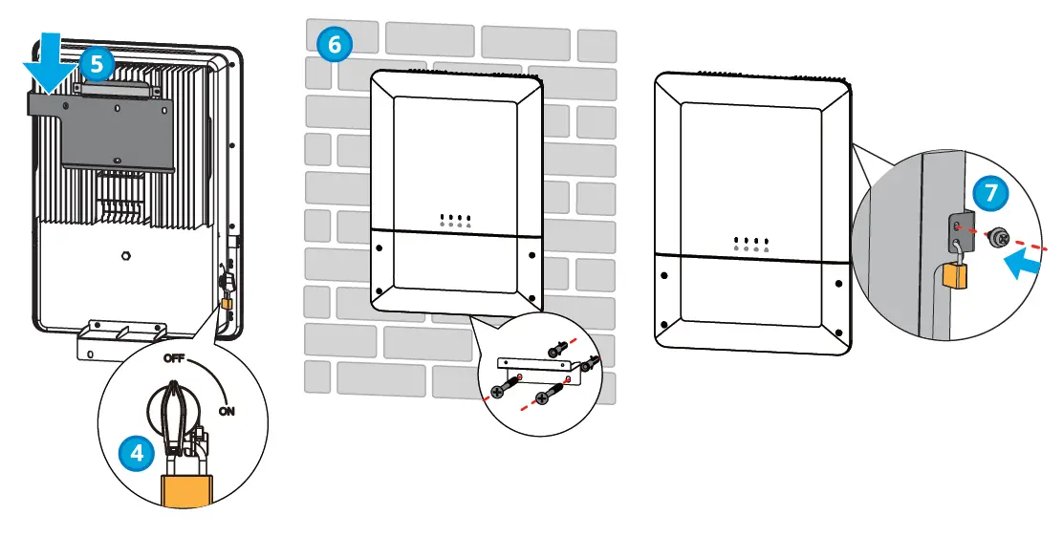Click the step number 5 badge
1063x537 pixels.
click(x=97, y=65)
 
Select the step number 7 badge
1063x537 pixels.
click(x=990, y=192)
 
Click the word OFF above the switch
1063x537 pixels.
click(x=174, y=359)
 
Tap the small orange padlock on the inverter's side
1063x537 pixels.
click(x=228, y=305)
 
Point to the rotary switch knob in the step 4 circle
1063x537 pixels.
click(x=174, y=411)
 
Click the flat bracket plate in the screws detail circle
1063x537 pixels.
click(x=535, y=365)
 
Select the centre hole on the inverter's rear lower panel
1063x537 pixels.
click(x=127, y=256)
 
